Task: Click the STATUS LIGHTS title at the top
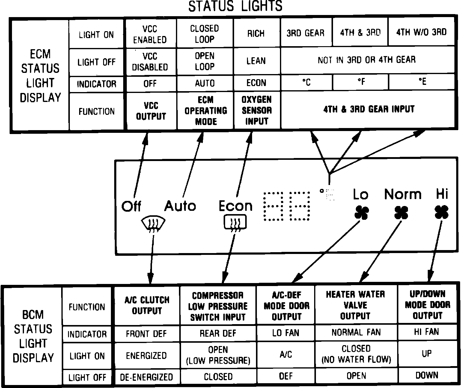(x=235, y=6)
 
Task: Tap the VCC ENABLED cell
(x=150, y=34)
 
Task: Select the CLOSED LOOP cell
(x=205, y=34)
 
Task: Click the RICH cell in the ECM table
(x=256, y=33)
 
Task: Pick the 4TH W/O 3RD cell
(x=421, y=32)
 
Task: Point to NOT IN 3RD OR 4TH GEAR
(x=367, y=60)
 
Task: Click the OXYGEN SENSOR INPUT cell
(x=257, y=110)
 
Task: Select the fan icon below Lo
(x=361, y=212)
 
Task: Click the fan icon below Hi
(x=441, y=212)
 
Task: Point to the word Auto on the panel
(x=180, y=206)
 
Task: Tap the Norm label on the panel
(x=403, y=194)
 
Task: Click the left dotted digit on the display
(x=273, y=207)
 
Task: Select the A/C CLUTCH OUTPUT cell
(x=147, y=306)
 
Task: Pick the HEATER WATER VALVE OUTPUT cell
(x=355, y=305)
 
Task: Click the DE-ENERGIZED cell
(x=147, y=377)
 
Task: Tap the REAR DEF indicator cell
(x=218, y=333)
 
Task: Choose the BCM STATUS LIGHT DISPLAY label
(x=33, y=336)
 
